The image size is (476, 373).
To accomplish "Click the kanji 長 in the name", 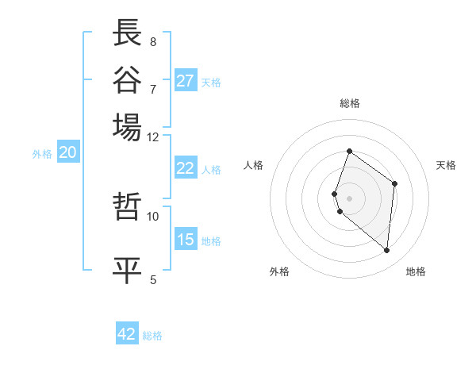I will pyautogui.click(x=128, y=33).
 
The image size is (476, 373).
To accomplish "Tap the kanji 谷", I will pyautogui.click(x=128, y=79).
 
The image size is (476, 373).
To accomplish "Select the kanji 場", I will pyautogui.click(x=128, y=126).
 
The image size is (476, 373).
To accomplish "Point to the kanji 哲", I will pyautogui.click(x=128, y=207).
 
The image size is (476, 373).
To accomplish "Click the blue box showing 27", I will pyautogui.click(x=186, y=81).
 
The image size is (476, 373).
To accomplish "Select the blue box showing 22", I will pyautogui.click(x=186, y=168).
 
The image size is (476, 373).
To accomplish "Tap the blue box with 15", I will pyautogui.click(x=186, y=240).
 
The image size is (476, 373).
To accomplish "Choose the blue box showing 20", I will pyautogui.click(x=67, y=153).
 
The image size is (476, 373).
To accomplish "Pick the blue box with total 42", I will pyautogui.click(x=127, y=334).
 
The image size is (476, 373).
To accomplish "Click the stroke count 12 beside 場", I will pyautogui.click(x=153, y=137).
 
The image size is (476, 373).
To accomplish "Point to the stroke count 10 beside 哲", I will pyautogui.click(x=153, y=216).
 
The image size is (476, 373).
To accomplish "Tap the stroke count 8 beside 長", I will pyautogui.click(x=152, y=41).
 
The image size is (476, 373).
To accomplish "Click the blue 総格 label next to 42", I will pyautogui.click(x=152, y=336).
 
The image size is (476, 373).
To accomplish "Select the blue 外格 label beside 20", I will pyautogui.click(x=42, y=155).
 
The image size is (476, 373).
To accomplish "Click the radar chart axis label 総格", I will pyautogui.click(x=350, y=103).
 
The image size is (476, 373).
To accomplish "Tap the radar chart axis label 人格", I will pyautogui.click(x=254, y=165).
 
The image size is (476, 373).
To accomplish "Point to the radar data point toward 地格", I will pyautogui.click(x=387, y=251).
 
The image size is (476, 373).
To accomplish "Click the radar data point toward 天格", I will pyautogui.click(x=394, y=184).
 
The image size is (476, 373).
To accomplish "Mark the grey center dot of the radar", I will pyautogui.click(x=350, y=198).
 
